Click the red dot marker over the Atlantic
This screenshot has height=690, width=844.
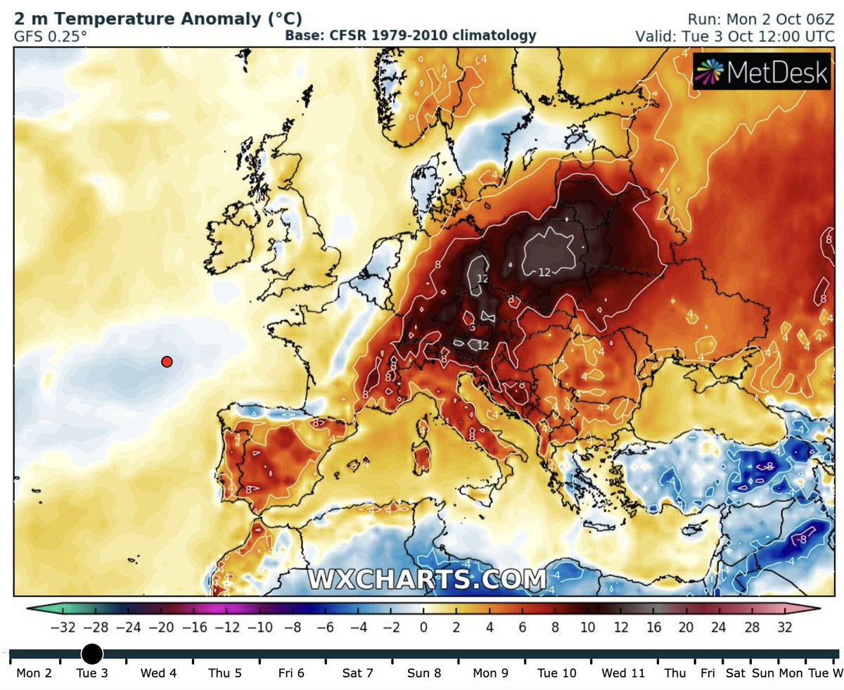(167, 362)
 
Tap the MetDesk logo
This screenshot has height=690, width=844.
(762, 71)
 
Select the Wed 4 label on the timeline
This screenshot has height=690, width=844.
(158, 673)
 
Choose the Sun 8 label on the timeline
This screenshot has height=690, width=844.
(424, 673)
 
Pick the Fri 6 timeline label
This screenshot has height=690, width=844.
(291, 673)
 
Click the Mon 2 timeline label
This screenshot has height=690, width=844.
(34, 673)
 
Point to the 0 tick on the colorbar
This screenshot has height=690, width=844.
(423, 627)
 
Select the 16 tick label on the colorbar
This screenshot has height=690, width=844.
(654, 627)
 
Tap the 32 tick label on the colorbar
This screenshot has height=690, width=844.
(784, 627)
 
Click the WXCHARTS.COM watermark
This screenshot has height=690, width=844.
(427, 580)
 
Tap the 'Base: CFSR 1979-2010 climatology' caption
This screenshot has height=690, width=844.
(411, 35)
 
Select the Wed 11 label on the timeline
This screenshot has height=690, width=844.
(623, 673)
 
